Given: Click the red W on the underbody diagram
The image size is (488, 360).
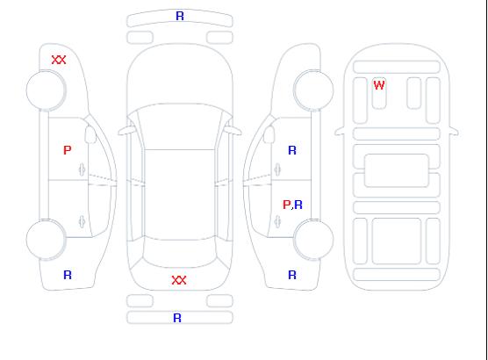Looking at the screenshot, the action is point(379,85).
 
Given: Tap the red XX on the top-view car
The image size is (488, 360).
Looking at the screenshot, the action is point(179,280).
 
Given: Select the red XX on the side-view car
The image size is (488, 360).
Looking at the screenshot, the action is point(59,60).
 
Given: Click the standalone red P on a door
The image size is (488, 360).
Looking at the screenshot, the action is point(68,150).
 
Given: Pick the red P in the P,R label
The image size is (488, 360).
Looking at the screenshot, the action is point(286,205).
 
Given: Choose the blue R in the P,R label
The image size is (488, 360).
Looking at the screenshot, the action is point(298,205).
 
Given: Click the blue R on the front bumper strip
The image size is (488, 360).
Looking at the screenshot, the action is point(180,16).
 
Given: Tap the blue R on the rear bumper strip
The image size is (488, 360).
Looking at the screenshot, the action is point(177,318).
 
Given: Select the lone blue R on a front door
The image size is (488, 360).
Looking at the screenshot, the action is point(292,150).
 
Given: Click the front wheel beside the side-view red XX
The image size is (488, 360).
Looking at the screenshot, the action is point(46,90).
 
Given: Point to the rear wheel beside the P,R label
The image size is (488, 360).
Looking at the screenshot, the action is point(313,239).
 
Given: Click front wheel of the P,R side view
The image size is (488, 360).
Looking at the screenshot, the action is point(313,90).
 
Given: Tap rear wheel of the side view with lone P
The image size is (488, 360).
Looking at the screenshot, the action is point(46,239).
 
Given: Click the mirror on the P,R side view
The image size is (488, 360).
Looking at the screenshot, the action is point(269,134).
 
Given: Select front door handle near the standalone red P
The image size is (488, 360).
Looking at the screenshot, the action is point(82,169).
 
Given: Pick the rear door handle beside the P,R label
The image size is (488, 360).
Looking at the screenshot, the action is point(277,221).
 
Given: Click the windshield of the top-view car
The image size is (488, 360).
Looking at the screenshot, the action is point(180,126).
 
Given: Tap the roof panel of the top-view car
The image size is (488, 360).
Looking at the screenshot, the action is point(180,195).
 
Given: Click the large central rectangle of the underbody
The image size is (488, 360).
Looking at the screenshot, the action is point(397,170).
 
